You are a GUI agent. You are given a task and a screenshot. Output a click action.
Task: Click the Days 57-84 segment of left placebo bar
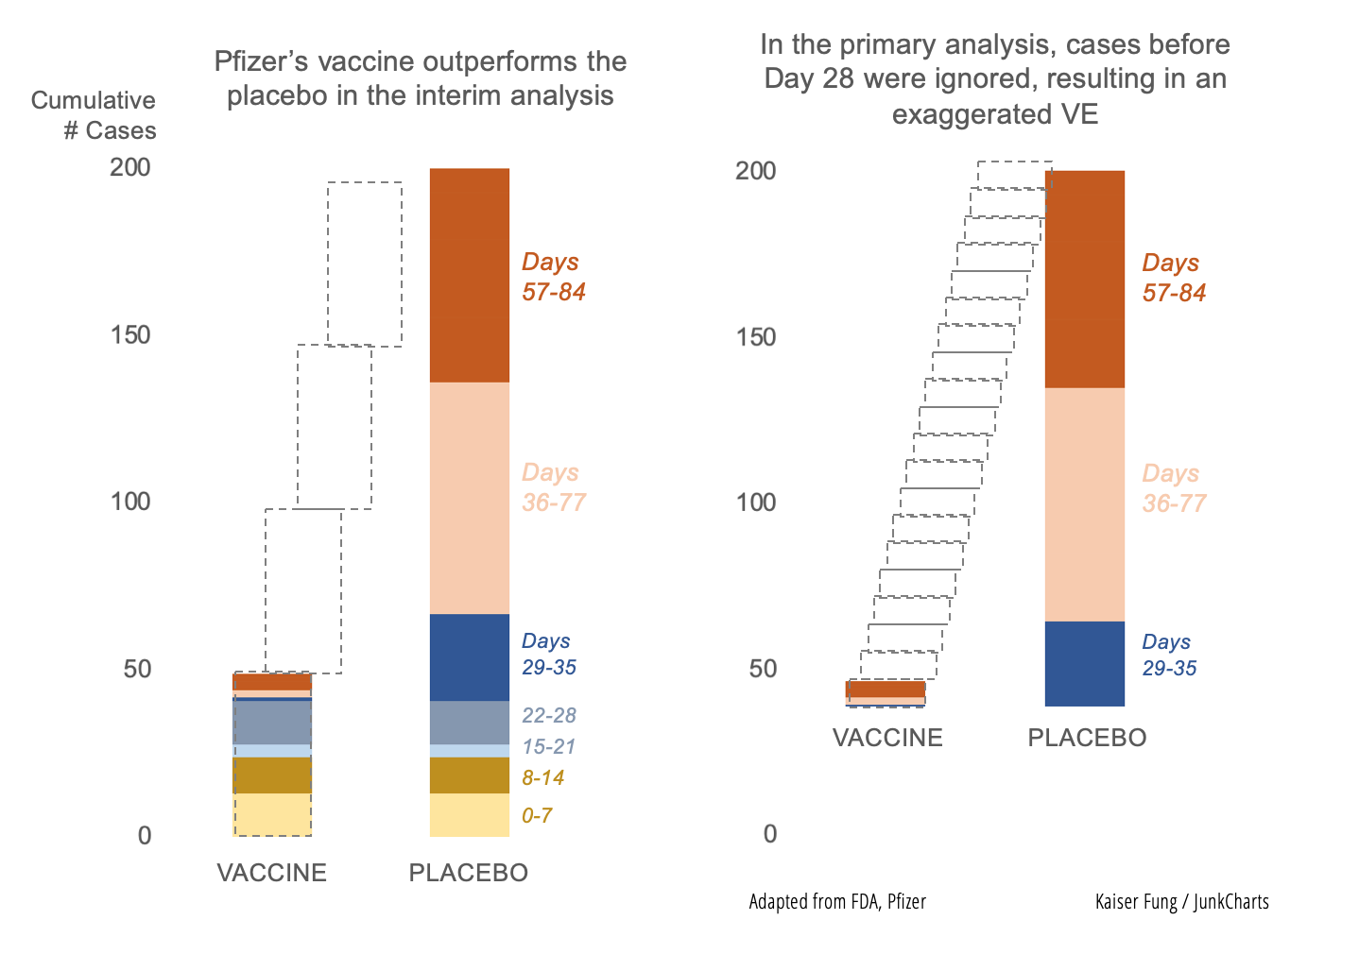click(x=469, y=275)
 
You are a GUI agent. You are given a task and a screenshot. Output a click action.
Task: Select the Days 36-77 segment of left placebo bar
click(x=469, y=498)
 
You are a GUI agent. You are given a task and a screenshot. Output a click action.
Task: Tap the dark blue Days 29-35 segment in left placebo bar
click(x=469, y=657)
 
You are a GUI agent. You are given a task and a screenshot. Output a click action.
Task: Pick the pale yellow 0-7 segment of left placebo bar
click(x=469, y=814)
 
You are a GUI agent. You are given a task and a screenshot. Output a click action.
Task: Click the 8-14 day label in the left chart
click(x=542, y=777)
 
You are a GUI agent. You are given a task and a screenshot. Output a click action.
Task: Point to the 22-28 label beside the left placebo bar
click(x=548, y=715)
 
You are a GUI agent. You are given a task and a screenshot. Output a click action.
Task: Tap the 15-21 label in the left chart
click(x=548, y=746)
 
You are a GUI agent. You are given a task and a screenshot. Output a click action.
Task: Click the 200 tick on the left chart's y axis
click(x=130, y=167)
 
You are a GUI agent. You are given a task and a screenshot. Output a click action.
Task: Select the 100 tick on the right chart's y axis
click(x=756, y=502)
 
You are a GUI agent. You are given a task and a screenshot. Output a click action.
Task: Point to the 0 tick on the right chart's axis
click(x=770, y=833)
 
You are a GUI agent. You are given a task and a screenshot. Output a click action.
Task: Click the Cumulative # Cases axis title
click(x=94, y=115)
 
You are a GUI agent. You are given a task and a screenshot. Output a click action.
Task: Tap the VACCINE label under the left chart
click(x=271, y=873)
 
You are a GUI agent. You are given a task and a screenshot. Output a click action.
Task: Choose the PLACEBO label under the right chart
click(x=1087, y=738)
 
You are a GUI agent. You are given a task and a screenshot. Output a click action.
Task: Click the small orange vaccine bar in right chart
click(x=885, y=690)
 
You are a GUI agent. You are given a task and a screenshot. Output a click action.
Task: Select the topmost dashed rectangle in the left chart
click(x=365, y=264)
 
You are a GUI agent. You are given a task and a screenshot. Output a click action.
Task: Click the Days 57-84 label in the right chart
click(x=1173, y=278)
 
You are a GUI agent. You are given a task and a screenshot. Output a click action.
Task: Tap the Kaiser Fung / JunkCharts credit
click(x=1181, y=901)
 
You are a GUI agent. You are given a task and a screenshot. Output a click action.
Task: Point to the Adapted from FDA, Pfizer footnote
click(x=836, y=901)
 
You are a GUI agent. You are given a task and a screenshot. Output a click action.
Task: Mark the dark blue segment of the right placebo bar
click(x=1084, y=663)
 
